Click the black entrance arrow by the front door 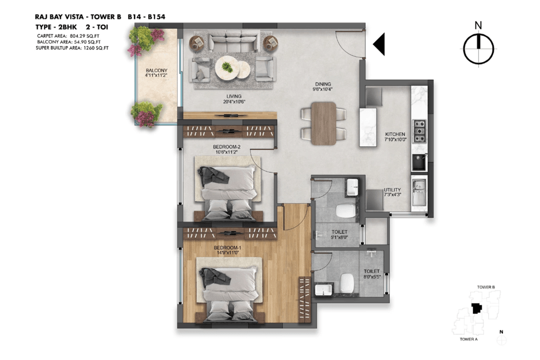coord(379,44)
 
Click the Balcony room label coord(156,70)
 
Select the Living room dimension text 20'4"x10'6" coord(234,101)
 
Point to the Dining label coord(323,83)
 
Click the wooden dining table coord(323,123)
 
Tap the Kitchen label coord(395,134)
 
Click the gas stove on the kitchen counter coord(419,131)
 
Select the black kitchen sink coord(419,162)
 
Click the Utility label coord(392,190)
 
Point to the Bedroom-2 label coord(226,147)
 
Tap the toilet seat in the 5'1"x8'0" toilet coord(345,210)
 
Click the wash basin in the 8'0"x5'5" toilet coord(323,289)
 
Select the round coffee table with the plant coord(227,67)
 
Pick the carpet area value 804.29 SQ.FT coord(84,36)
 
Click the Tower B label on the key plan coord(486,287)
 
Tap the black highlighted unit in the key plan coord(476,308)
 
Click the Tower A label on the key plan coord(468,339)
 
